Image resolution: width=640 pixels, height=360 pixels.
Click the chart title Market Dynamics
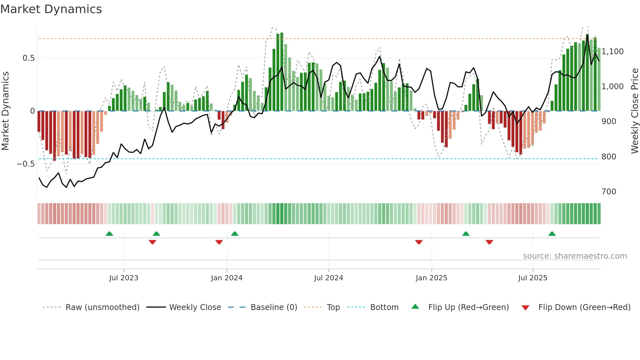(x=51, y=9)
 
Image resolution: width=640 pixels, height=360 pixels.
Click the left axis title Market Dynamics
(x=6, y=111)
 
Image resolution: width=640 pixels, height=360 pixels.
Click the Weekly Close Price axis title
(x=634, y=111)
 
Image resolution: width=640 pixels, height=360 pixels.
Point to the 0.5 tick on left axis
(x=28, y=58)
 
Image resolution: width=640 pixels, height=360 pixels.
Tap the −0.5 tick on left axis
(x=26, y=164)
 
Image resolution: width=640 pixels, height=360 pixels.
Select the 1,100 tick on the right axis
(x=612, y=52)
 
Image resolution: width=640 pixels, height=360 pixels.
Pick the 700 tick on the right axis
(x=609, y=192)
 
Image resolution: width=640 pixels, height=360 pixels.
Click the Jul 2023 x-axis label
(x=124, y=278)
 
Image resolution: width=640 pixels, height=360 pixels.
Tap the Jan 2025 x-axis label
(x=431, y=278)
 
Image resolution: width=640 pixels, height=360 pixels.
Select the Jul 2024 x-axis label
(x=328, y=278)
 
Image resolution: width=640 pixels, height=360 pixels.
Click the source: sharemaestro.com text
(x=575, y=256)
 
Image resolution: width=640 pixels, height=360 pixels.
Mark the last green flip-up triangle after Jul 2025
(x=552, y=234)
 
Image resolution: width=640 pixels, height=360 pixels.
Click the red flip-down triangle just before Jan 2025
(x=419, y=242)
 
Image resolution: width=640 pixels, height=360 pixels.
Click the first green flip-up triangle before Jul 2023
(x=109, y=234)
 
